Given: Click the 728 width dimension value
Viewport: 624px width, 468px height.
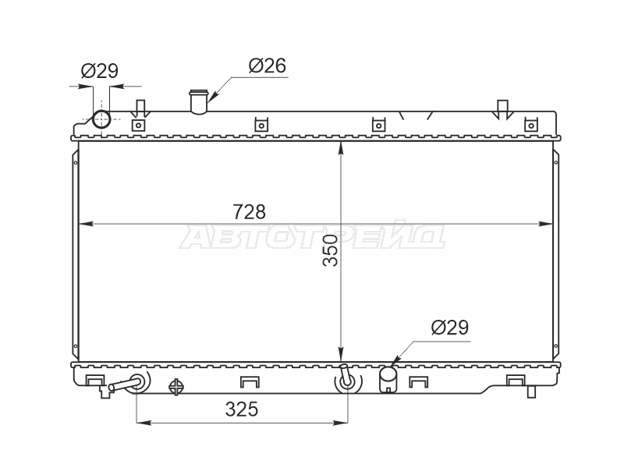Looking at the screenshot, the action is pos(249,212).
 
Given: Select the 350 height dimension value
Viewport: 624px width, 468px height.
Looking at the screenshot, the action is pos(330,250).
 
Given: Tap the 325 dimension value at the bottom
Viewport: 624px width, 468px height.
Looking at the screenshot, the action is pos(242,409).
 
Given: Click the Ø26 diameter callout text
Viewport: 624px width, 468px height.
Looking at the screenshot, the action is pos(268,66).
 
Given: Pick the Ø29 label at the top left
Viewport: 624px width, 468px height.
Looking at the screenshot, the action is pos(100,71).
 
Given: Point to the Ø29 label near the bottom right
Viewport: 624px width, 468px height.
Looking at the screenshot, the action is pos(450,328).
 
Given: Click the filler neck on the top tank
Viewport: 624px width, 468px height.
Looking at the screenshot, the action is pos(199,102).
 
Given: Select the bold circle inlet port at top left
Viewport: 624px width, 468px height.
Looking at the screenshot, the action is pos(101,119).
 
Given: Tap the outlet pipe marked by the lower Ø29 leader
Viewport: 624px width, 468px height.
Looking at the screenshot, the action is pos(388,379).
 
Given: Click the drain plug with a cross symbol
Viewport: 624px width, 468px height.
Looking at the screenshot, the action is pos(176,386).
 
